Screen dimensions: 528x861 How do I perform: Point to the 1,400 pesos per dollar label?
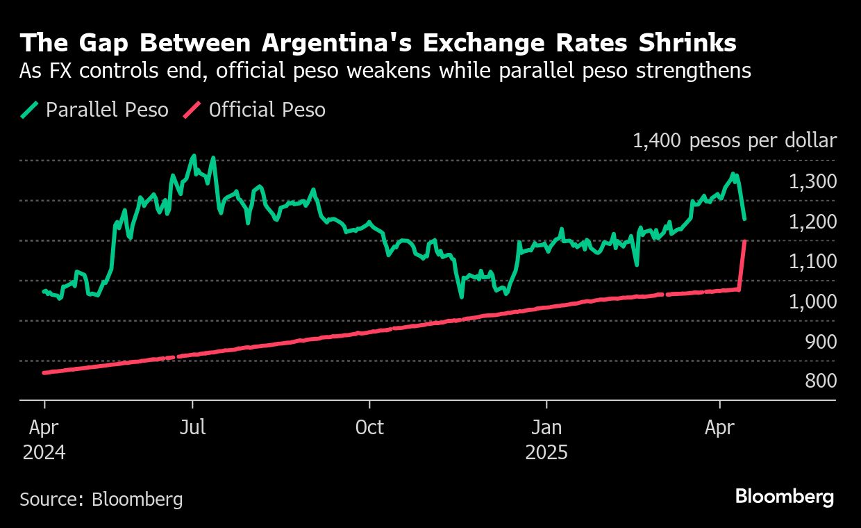734,141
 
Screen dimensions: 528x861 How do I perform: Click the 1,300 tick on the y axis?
812,181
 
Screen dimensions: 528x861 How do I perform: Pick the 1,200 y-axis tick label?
812,222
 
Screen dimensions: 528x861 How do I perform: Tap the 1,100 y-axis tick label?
812,261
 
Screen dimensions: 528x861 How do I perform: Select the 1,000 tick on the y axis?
812,302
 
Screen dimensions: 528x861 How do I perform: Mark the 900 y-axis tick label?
819,341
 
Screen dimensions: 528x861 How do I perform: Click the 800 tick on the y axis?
819,381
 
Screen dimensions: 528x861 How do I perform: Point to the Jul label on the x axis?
192,427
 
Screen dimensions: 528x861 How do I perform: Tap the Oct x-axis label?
369,427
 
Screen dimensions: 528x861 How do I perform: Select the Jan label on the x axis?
546,427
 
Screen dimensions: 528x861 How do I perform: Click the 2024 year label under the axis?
44,453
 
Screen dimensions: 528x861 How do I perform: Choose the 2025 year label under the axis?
546,453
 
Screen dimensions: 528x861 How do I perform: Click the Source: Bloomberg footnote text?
101,499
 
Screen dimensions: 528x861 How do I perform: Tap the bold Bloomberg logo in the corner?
785,497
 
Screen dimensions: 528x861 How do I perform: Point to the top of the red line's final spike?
745,241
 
